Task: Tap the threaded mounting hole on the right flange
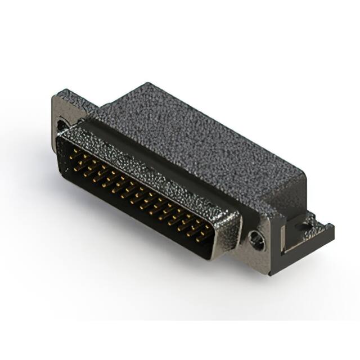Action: pyautogui.click(x=258, y=239)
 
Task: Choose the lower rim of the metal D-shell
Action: pyautogui.click(x=129, y=217)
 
